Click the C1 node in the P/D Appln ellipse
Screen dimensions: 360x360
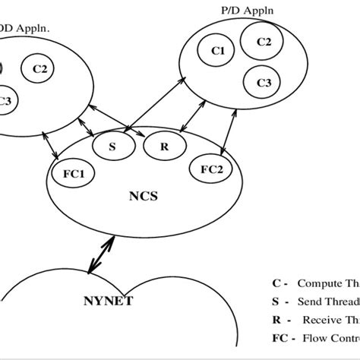[x=218, y=51]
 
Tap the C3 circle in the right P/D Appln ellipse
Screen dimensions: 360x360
[x=263, y=81]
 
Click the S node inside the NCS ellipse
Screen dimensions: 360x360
[x=112, y=146]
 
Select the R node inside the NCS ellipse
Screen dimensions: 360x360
[x=163, y=146]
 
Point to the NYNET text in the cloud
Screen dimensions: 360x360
[x=109, y=302]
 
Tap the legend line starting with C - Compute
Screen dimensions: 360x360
[x=315, y=283]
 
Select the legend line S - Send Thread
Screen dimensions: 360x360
[x=315, y=302]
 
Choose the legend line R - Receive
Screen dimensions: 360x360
[x=315, y=320]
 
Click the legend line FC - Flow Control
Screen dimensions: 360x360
[x=315, y=339]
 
